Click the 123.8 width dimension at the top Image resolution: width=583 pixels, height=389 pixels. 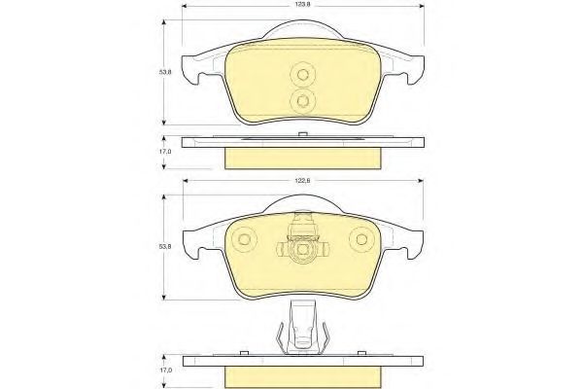pyautogui.click(x=303, y=5)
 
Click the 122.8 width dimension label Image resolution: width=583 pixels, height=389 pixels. pyautogui.click(x=303, y=180)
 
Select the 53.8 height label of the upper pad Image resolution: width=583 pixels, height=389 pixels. pyautogui.click(x=165, y=72)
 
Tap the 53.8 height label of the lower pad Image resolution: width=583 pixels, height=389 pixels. pyautogui.click(x=165, y=246)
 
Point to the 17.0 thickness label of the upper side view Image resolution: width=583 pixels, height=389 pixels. pyautogui.click(x=165, y=152)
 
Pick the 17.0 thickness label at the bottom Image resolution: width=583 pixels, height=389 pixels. pyautogui.click(x=165, y=370)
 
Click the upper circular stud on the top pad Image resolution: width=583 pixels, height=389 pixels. pyautogui.click(x=302, y=75)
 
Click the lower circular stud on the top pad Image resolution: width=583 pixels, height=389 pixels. pyautogui.click(x=302, y=101)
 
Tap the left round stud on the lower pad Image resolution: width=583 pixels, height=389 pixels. pyautogui.click(x=244, y=239)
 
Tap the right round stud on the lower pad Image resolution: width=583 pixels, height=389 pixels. pyautogui.click(x=361, y=239)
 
